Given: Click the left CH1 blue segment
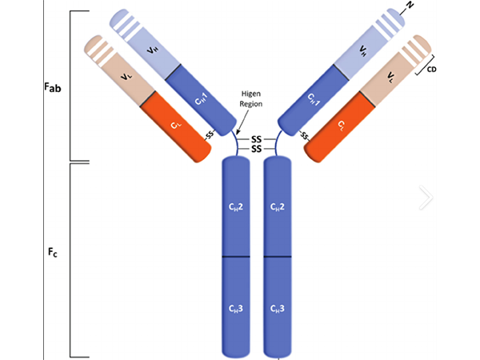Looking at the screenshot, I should point(202,99).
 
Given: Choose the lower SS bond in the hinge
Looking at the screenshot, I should point(257,149).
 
